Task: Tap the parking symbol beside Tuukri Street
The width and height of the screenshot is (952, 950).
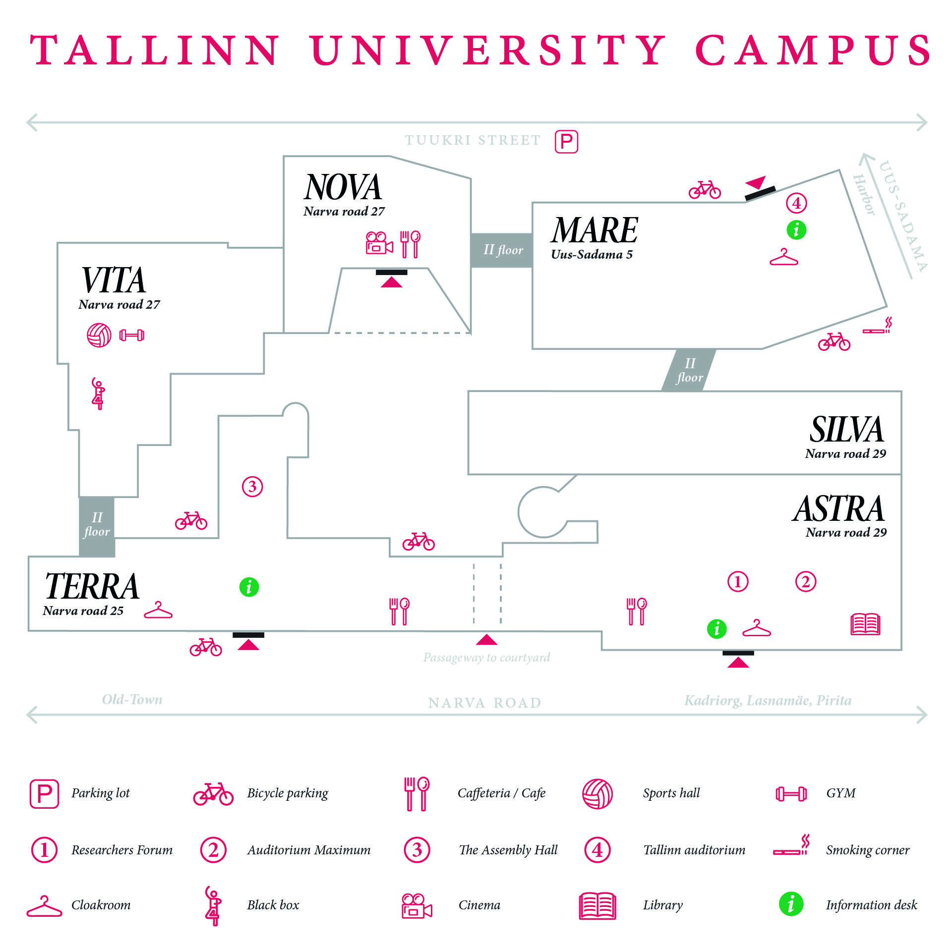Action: coord(566,142)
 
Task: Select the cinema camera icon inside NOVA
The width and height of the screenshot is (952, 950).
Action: coord(379,243)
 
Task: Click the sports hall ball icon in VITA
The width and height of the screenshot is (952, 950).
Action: coord(99,335)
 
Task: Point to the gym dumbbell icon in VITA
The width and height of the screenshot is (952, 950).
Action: coord(132,335)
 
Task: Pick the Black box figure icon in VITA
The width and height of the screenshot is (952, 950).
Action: coord(98,393)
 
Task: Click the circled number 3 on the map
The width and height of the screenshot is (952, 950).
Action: coord(252,487)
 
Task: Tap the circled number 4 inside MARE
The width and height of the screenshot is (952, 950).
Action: coord(796,203)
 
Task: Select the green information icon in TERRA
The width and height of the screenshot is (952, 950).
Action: coord(249,587)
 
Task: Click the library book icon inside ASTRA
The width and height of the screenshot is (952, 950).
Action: coord(865,624)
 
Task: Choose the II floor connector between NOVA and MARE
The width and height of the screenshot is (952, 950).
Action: coord(502,250)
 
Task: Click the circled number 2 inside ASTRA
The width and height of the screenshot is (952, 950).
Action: coord(806,582)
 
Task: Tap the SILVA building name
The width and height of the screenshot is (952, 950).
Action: coord(846,430)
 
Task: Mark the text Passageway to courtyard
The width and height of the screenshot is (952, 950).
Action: coord(486,658)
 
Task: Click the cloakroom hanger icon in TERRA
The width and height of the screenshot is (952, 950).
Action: coord(158,611)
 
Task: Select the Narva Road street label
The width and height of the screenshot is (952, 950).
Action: coord(484,703)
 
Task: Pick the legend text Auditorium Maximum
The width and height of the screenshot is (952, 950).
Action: coord(308,850)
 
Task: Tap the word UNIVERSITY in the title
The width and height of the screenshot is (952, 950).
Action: coord(488,51)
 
